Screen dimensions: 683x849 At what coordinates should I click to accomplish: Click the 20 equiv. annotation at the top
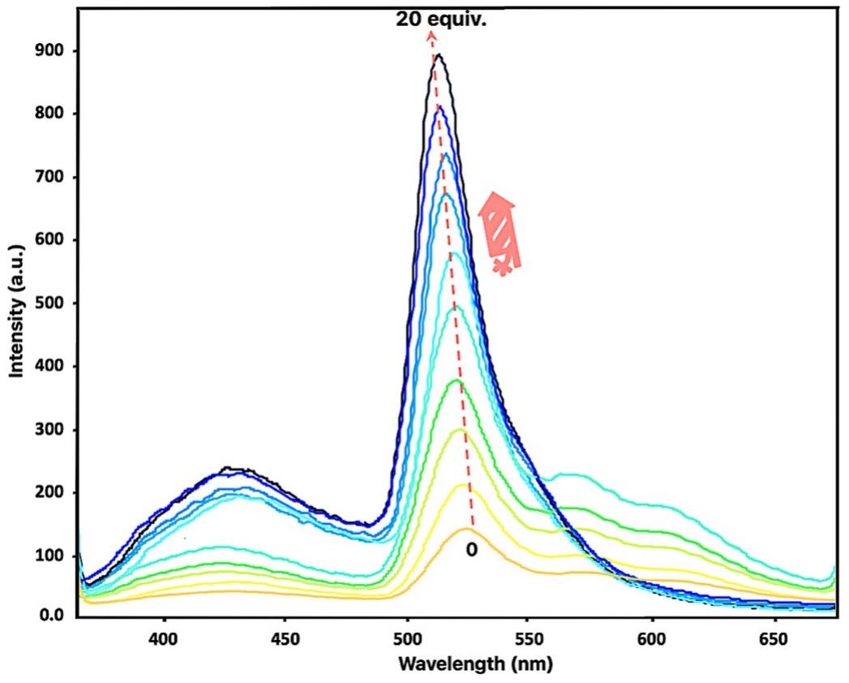pos(441,18)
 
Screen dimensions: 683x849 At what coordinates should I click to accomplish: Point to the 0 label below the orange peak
pos(471,550)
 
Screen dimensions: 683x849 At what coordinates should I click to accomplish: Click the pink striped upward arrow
pos(499,234)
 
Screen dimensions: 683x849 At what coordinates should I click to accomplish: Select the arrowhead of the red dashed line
pos(431,35)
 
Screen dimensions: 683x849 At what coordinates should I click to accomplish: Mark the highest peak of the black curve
pos(439,55)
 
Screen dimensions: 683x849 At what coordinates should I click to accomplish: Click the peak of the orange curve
pos(468,529)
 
